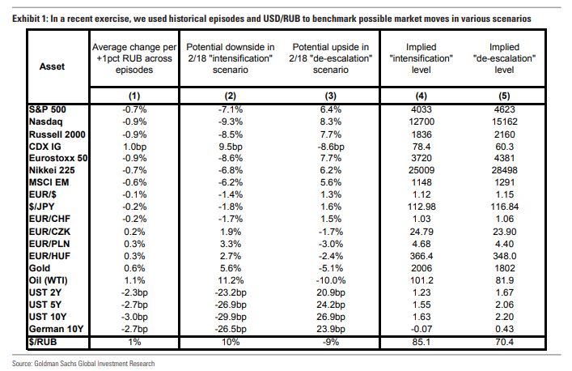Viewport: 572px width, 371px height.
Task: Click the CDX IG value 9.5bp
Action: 226,147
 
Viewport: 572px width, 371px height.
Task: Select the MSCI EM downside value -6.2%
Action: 226,188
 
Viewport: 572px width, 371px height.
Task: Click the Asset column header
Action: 53,67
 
